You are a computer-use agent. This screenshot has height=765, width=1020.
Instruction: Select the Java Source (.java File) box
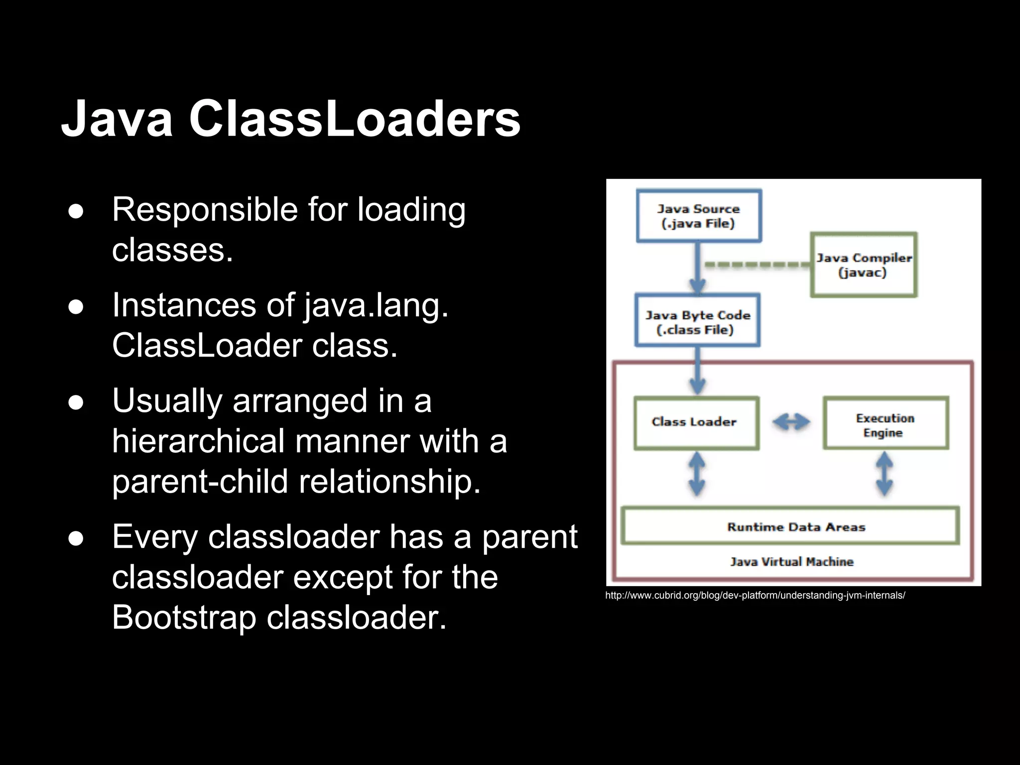[699, 216]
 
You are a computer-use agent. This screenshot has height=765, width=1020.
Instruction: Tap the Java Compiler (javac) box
[864, 265]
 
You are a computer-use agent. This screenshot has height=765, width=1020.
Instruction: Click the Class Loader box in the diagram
[696, 422]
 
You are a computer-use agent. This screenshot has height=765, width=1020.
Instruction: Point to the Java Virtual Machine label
[792, 562]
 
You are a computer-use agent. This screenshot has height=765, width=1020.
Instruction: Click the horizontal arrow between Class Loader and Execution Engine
[791, 422]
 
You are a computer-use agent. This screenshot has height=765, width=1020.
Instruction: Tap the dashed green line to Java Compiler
[757, 265]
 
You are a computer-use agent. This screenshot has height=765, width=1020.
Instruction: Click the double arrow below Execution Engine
[884, 473]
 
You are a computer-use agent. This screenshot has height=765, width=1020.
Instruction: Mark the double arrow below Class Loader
[696, 473]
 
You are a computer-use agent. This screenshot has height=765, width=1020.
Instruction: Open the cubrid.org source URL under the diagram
[755, 595]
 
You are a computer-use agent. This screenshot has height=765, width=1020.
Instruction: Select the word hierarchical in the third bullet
[198, 441]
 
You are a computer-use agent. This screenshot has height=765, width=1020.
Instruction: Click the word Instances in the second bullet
[184, 305]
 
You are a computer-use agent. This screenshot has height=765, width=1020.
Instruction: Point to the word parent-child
[200, 482]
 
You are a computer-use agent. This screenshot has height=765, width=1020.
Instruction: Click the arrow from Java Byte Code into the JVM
[697, 371]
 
